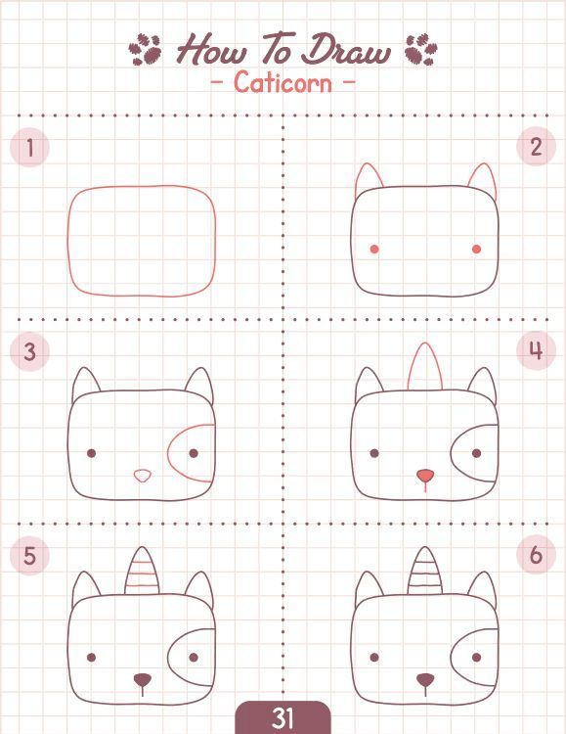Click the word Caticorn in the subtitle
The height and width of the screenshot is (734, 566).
point(283,82)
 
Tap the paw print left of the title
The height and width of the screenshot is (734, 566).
point(146,49)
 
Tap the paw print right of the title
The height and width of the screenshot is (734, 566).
point(421,49)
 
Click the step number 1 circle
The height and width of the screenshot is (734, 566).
point(29,148)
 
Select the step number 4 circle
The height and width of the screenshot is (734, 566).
point(536,350)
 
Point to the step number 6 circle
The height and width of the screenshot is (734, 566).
point(536,555)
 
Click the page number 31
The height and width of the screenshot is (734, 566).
point(283,718)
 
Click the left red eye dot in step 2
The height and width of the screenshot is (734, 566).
point(374,249)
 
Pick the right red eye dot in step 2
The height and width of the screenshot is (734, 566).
point(477,249)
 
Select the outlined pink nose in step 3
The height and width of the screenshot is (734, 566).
point(143,476)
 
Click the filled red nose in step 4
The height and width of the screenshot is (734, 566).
point(425,476)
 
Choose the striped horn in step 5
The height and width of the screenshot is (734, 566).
point(142,573)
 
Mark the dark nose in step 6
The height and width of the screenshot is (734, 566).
point(425,679)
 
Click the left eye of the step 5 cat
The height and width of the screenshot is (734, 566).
point(92,658)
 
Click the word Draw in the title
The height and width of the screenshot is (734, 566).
point(346,49)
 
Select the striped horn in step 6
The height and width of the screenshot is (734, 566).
point(425,573)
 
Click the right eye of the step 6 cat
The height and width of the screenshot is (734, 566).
point(477,658)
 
